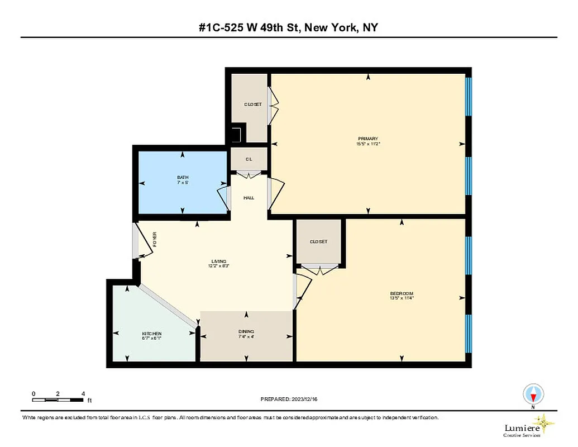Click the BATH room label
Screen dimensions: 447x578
coord(183,177)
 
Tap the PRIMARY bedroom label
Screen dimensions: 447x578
coord(368,139)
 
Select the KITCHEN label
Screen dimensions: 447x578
coord(151,334)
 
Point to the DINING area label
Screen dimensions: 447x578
coord(246,331)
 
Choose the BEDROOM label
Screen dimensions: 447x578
coord(402,294)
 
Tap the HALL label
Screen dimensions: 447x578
coord(249,198)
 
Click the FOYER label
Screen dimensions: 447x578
coord(155,240)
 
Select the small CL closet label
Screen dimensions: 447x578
coord(249,159)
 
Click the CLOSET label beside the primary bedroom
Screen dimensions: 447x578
coord(252,104)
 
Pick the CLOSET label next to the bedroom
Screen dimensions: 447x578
coord(318,241)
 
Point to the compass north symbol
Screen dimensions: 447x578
coord(533,396)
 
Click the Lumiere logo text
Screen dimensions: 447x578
coord(522,427)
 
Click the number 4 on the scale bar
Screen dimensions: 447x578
coord(83,393)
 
